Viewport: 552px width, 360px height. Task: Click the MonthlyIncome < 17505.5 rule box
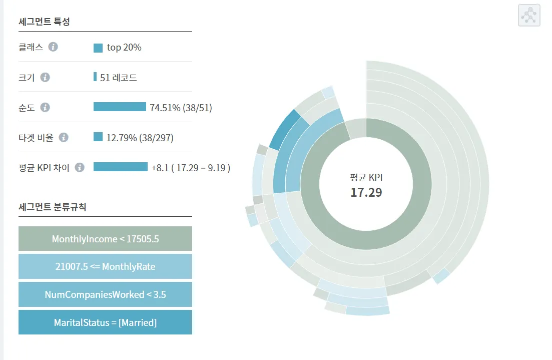point(105,239)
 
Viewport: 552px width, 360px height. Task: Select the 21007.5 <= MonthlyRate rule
point(105,266)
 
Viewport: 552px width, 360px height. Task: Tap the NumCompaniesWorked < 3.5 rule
point(105,294)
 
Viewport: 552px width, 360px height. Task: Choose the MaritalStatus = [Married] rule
point(105,322)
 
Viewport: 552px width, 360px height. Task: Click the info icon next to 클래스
point(53,47)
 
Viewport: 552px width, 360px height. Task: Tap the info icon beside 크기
point(45,77)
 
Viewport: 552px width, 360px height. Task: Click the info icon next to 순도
point(45,107)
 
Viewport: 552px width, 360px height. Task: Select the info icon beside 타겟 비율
point(64,137)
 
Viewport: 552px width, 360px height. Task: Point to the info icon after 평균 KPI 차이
point(80,167)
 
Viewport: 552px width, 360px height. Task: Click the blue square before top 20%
point(98,48)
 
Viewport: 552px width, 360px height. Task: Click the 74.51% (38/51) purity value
point(181,108)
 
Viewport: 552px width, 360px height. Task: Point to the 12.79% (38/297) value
point(140,138)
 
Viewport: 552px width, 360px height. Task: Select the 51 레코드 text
point(119,78)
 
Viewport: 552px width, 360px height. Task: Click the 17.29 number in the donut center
point(366,192)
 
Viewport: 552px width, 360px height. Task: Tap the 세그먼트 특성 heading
point(44,22)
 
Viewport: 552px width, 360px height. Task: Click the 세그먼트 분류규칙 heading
point(52,207)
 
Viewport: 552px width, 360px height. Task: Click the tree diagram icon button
point(528,15)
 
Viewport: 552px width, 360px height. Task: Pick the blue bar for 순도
point(120,107)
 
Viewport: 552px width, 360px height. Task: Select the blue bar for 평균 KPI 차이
point(121,167)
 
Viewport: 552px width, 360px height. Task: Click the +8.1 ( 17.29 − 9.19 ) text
point(191,168)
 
